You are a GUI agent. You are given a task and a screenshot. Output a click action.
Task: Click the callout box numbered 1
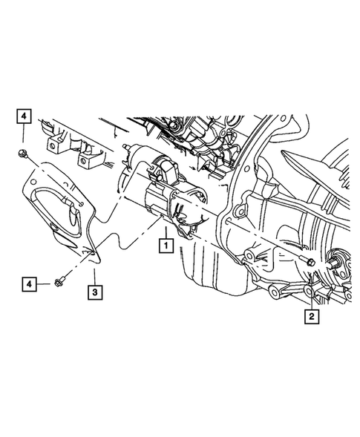(165, 243)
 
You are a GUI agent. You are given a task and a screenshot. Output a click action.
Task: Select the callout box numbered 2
(310, 316)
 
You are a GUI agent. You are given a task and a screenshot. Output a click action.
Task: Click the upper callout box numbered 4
(23, 116)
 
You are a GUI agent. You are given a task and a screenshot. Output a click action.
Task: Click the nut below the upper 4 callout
(24, 154)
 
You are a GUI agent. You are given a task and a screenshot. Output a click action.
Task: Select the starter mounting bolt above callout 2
(308, 263)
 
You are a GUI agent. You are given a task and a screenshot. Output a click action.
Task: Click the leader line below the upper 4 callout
(23, 137)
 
